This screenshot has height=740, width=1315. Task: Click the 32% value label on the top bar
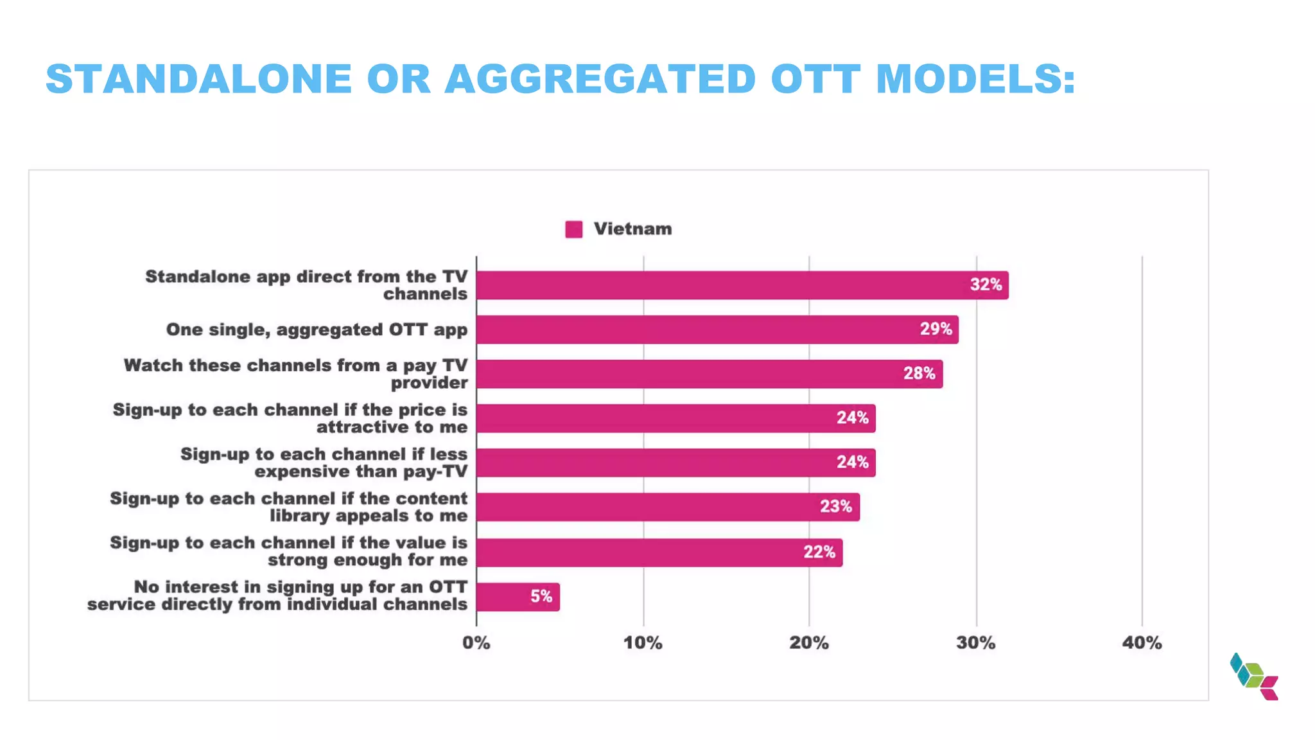click(986, 285)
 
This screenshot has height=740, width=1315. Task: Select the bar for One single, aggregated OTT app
click(717, 330)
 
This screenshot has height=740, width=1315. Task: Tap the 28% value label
click(919, 373)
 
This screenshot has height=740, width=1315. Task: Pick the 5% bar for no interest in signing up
click(518, 597)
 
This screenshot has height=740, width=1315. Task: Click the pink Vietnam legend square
click(573, 229)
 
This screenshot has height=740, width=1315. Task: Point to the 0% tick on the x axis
click(476, 642)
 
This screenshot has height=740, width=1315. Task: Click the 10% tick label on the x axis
click(643, 642)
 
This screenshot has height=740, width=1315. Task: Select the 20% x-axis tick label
click(809, 642)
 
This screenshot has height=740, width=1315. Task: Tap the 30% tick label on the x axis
click(975, 642)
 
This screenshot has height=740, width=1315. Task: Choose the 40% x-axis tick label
click(1142, 642)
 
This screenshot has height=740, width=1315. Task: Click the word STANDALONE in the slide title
click(199, 79)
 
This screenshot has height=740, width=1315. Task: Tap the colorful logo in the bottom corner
click(1254, 676)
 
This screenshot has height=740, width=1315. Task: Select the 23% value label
click(835, 506)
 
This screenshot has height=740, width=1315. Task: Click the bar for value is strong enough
click(659, 552)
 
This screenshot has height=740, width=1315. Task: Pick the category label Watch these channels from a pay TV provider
click(295, 374)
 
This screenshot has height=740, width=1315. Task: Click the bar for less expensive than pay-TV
click(675, 463)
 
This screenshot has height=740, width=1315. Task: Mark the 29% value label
click(936, 329)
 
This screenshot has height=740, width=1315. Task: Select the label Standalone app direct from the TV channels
click(306, 285)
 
